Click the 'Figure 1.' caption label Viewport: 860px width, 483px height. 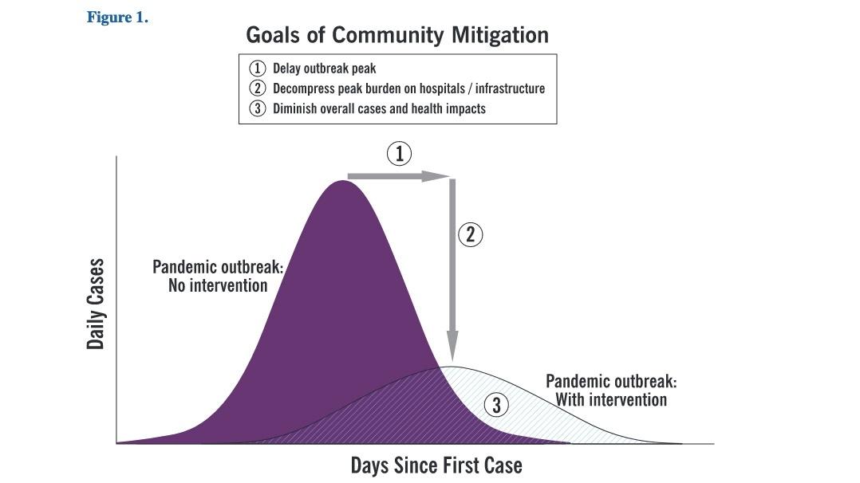[117, 18]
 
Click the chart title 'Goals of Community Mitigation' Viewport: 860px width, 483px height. [397, 35]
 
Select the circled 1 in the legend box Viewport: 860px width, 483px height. [257, 69]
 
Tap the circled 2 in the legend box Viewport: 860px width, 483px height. [257, 88]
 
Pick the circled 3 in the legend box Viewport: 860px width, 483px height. [257, 108]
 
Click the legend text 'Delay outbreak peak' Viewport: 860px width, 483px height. [324, 69]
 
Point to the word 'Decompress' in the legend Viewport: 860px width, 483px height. [303, 88]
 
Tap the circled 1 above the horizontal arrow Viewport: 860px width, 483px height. [399, 154]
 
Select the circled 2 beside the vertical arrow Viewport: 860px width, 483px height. [470, 234]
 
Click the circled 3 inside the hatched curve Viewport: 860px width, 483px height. [496, 405]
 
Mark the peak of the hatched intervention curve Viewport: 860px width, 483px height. [452, 367]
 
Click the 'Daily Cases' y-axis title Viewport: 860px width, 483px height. [96, 304]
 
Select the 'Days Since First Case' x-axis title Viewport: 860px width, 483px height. [436, 465]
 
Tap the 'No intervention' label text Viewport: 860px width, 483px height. [218, 285]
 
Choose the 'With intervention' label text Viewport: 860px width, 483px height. [612, 399]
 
